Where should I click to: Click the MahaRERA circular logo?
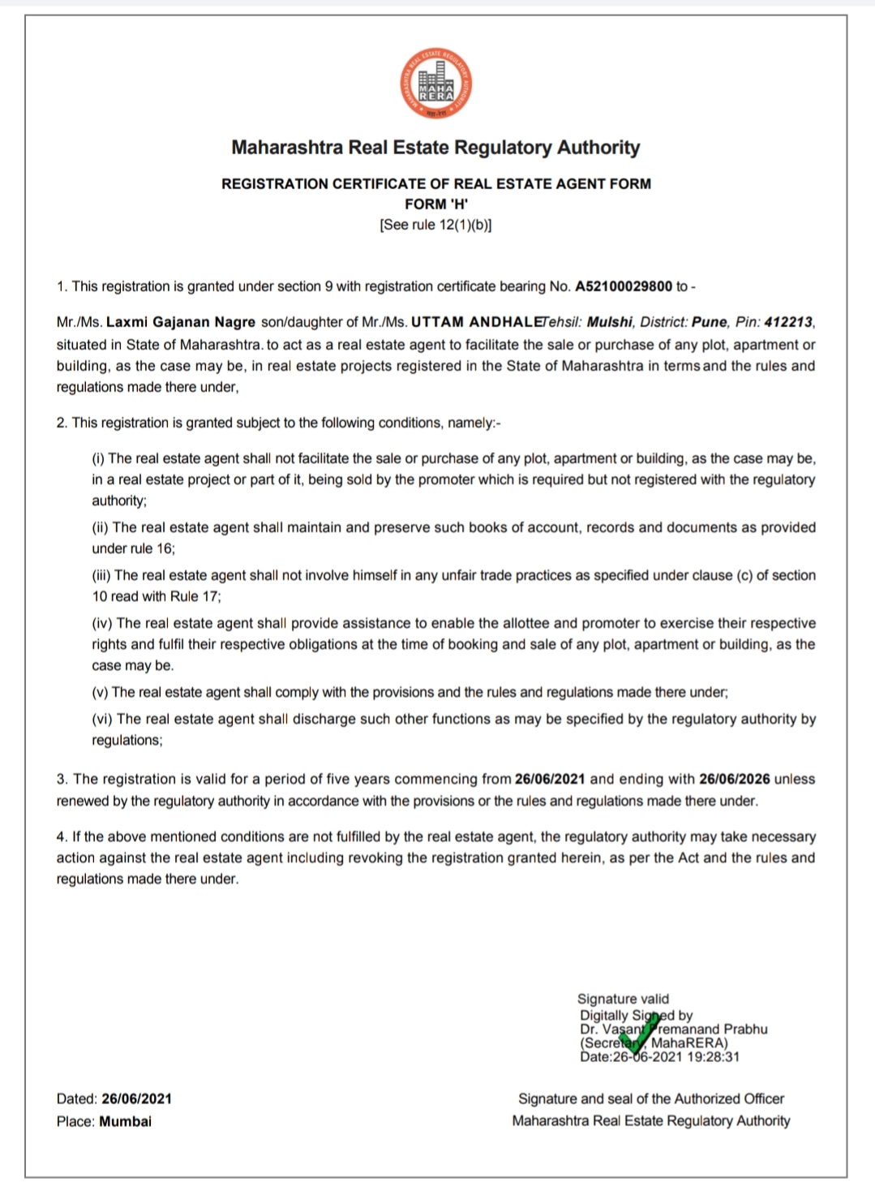pos(436,85)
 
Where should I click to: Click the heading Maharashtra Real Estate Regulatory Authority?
pos(435,148)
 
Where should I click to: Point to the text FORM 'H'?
pos(436,204)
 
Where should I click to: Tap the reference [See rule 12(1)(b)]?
pos(435,225)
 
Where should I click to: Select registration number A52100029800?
pos(624,286)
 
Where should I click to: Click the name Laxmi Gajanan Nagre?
pos(181,322)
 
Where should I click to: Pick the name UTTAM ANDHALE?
pos(476,322)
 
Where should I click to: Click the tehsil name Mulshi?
pos(610,322)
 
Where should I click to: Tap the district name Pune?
pos(710,322)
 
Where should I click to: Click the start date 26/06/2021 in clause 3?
pos(550,779)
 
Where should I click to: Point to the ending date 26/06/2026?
pos(734,779)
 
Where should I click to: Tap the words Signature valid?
pos(623,999)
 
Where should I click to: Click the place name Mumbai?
pos(126,1121)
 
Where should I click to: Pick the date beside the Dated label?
pos(136,1099)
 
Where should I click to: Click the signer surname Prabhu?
pos(745,1029)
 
